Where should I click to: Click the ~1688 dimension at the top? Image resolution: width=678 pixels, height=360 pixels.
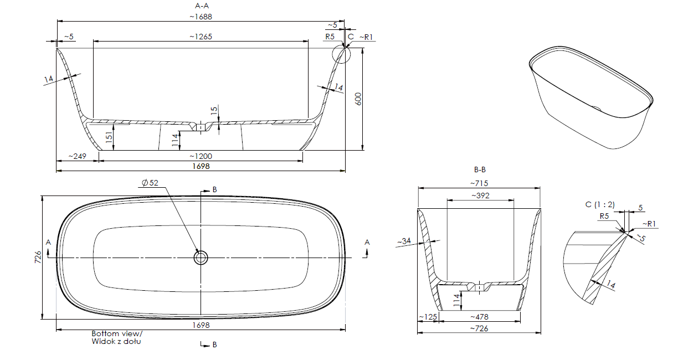click(201, 17)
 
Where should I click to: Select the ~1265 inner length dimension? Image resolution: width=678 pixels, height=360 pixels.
click(201, 37)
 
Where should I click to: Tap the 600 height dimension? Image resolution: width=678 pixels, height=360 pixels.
click(358, 99)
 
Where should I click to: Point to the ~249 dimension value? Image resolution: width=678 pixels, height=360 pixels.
click(77, 156)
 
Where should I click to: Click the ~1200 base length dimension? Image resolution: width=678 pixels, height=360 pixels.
click(201, 156)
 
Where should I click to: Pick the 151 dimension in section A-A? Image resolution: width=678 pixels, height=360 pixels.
click(109, 137)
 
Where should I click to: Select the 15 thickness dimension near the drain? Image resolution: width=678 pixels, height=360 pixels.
click(214, 110)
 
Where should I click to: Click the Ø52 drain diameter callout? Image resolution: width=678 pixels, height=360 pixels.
click(150, 183)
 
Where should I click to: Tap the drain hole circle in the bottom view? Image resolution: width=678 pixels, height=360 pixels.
click(201, 258)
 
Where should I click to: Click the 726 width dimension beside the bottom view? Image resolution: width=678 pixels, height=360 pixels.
click(38, 257)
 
